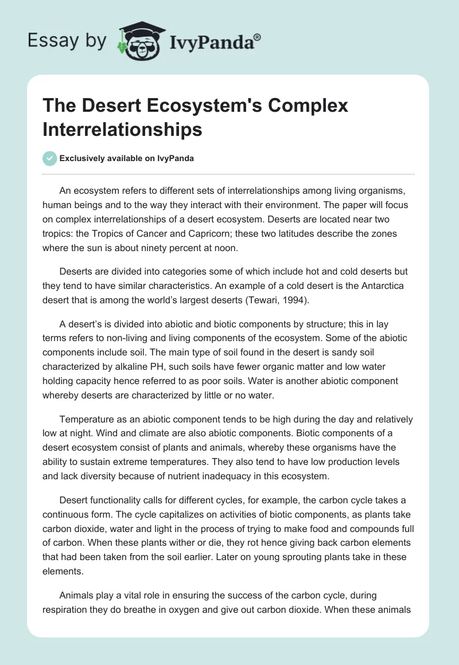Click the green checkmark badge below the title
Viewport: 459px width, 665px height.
[50, 158]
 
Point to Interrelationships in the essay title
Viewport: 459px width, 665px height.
[122, 129]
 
